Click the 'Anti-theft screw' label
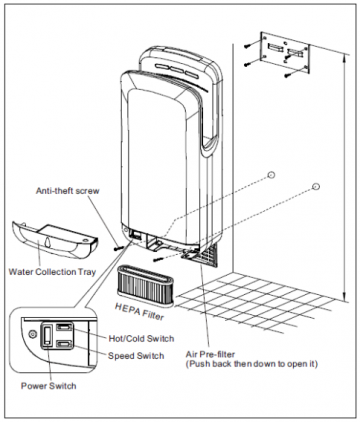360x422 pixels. (x=68, y=191)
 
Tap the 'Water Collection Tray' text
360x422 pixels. (x=52, y=272)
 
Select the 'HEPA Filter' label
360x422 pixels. (x=140, y=312)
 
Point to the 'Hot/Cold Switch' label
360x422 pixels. (x=141, y=339)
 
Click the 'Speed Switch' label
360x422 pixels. (x=136, y=356)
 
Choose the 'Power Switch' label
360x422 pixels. (x=49, y=386)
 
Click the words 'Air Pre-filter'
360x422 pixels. (x=210, y=354)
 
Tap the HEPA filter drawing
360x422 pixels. (x=145, y=285)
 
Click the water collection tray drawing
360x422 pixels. (x=55, y=239)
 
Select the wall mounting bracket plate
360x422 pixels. (x=285, y=52)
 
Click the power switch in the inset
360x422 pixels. (x=47, y=334)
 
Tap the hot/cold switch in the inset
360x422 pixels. (x=63, y=327)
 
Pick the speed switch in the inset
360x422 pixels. (x=63, y=344)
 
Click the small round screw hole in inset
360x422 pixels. (x=32, y=334)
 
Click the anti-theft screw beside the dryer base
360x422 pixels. (x=118, y=248)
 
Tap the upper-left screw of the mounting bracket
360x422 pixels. (x=247, y=46)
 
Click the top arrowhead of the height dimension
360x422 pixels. (x=345, y=57)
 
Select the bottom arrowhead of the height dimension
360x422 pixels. (x=345, y=296)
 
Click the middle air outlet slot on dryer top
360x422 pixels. (x=177, y=70)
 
